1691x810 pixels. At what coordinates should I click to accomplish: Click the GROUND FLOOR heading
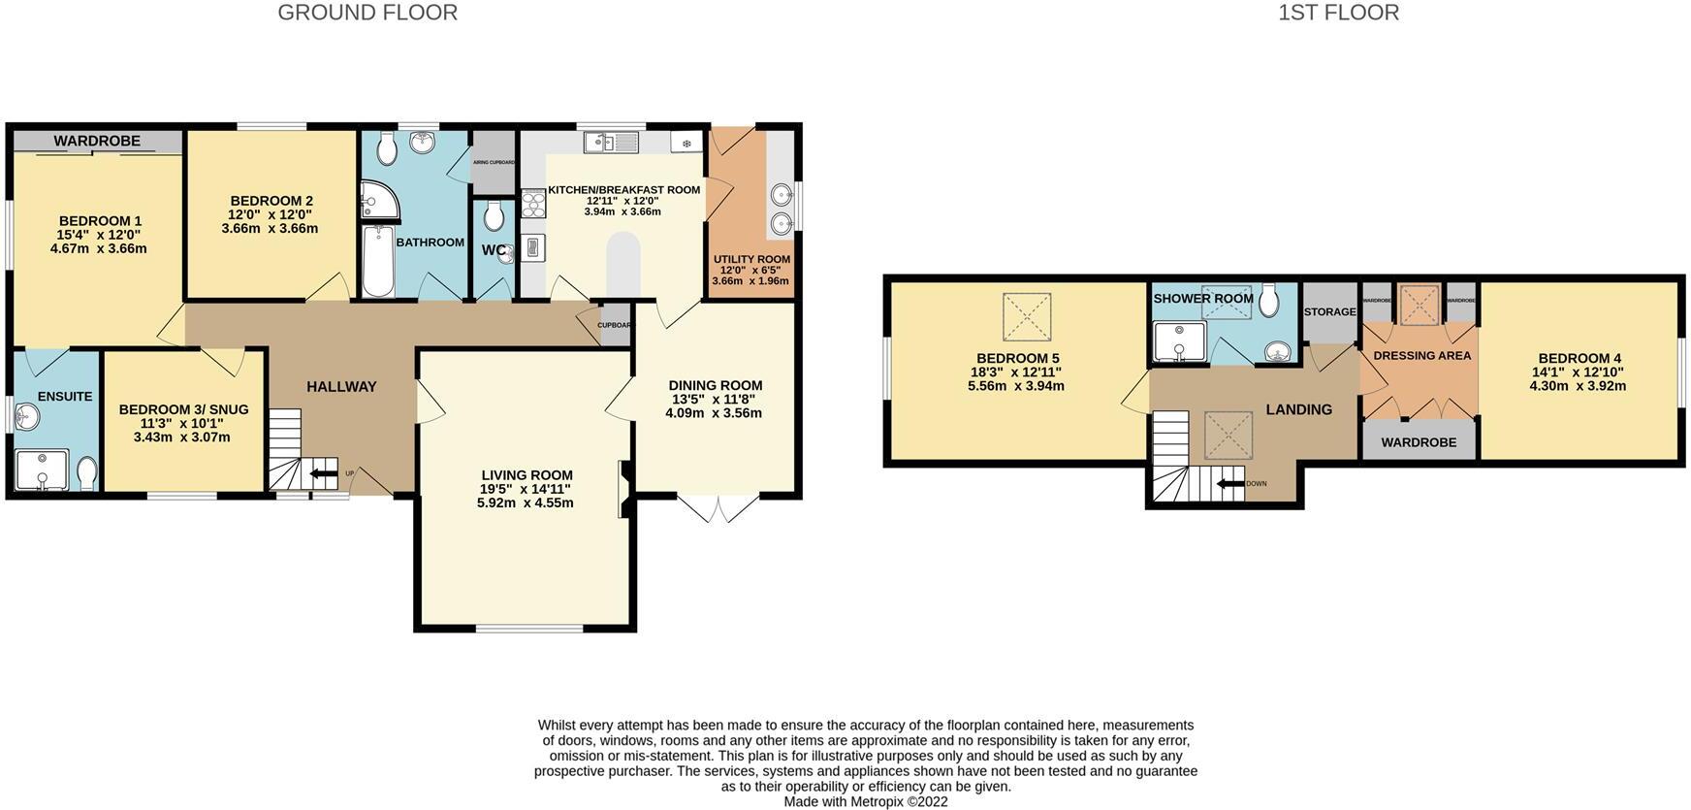click(367, 13)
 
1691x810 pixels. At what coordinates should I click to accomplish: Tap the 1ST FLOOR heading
click(1338, 13)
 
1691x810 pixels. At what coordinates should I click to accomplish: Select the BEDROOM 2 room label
click(271, 202)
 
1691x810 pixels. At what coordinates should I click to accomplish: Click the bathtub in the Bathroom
click(378, 260)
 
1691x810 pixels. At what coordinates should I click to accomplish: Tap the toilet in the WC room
click(495, 215)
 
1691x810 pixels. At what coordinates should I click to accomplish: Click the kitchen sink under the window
click(611, 144)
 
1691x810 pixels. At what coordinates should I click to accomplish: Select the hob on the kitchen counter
click(533, 203)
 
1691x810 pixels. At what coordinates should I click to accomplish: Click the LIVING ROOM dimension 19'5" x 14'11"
click(526, 489)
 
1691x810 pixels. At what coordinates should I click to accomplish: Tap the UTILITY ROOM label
click(751, 259)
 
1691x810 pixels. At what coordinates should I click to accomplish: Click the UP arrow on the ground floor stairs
click(318, 474)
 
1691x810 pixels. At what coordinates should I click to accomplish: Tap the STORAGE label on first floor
click(1329, 311)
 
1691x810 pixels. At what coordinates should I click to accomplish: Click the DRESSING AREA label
click(1421, 356)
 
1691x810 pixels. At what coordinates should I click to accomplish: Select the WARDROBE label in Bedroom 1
click(97, 141)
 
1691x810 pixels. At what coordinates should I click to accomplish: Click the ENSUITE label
click(65, 396)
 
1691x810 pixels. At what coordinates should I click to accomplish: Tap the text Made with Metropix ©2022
click(865, 801)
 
